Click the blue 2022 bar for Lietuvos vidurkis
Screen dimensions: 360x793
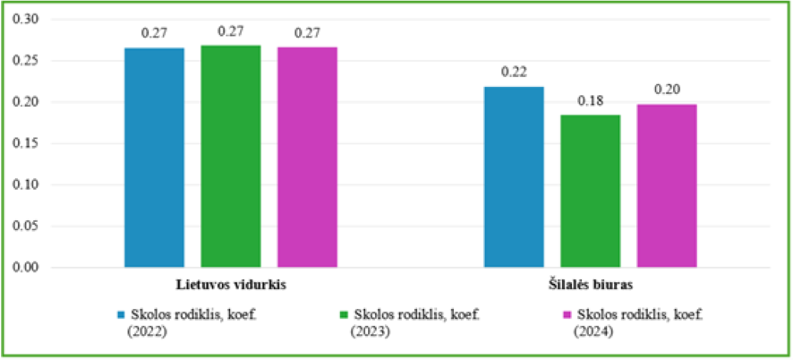[x=154, y=158]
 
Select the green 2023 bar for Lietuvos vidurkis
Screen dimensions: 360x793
[x=231, y=156]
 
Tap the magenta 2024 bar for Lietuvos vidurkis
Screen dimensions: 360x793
[x=307, y=157]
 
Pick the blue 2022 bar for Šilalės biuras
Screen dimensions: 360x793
[x=514, y=176]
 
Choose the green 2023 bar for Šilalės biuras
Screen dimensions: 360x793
[x=590, y=191]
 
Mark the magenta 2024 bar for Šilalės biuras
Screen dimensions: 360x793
[x=667, y=185]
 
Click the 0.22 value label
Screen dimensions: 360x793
[x=514, y=72]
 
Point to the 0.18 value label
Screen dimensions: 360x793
[x=590, y=99]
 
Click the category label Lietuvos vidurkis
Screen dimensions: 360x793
[x=231, y=285]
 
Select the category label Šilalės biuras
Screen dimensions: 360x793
[x=591, y=285]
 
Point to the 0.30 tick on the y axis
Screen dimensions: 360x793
[x=27, y=20]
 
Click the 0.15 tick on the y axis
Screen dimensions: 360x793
[x=27, y=143]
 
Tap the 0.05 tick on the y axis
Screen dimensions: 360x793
[x=27, y=227]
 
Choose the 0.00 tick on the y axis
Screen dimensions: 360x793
[x=27, y=268]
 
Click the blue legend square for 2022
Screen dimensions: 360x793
[x=121, y=315]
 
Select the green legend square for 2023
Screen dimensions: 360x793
[x=345, y=315]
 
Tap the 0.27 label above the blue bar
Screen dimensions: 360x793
[x=154, y=33]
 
